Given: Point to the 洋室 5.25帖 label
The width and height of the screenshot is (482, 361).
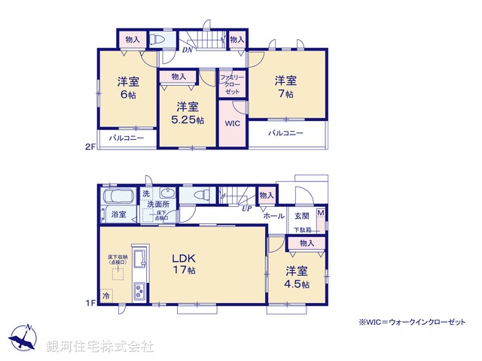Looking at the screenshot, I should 187,113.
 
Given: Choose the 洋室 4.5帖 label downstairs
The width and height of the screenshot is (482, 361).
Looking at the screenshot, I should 297,277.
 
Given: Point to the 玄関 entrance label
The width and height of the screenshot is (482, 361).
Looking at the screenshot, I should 301,216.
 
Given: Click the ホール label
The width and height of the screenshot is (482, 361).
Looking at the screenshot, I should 273,216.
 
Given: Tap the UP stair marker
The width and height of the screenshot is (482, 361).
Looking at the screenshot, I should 246,208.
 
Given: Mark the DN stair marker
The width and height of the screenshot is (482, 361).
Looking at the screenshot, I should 187,50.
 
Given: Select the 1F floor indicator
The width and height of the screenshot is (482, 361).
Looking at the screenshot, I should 89,303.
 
